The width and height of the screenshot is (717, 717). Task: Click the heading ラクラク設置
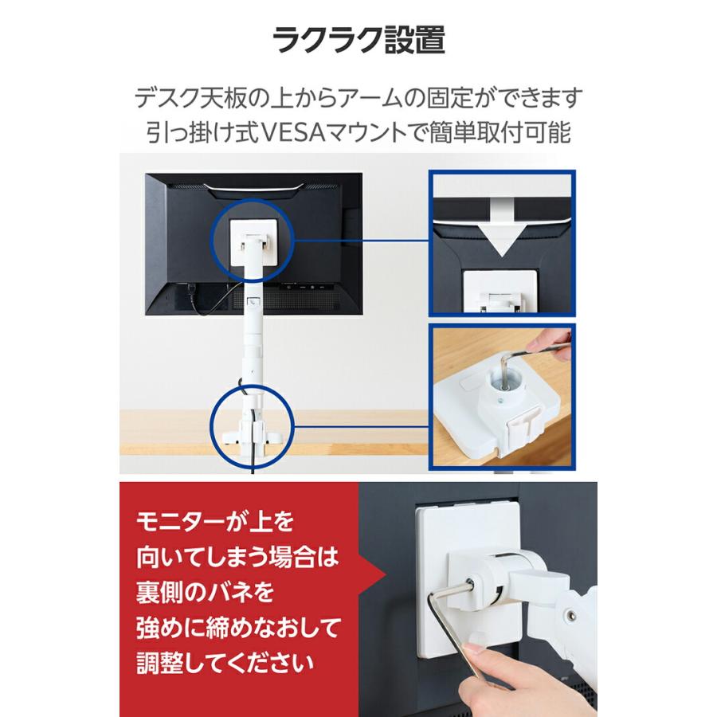[358, 39]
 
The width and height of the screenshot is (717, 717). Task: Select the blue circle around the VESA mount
[253, 238]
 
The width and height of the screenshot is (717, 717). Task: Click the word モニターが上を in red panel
[216, 523]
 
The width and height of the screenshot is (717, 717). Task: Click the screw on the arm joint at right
[570, 615]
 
